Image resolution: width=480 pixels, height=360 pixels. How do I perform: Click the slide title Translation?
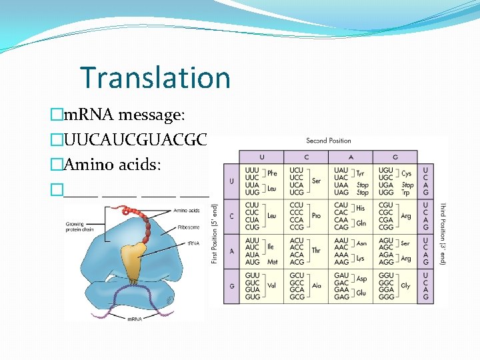click(x=155, y=77)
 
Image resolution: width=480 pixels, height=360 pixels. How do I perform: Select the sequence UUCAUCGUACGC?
click(x=136, y=140)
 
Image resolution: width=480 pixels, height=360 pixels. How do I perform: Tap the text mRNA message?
click(x=124, y=115)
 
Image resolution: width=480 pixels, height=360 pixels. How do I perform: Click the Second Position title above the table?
click(x=328, y=141)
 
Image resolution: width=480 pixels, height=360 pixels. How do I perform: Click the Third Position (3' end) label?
click(x=442, y=233)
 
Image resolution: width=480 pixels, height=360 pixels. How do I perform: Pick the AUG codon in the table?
click(x=253, y=262)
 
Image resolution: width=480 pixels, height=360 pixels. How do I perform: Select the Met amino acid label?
click(x=272, y=262)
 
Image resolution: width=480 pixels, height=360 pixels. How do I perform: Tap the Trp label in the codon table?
click(x=407, y=192)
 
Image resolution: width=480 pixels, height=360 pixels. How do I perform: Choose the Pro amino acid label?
click(x=316, y=216)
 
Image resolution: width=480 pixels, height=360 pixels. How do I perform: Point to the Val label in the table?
click(x=271, y=285)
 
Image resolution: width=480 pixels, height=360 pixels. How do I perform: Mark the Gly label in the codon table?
click(x=405, y=285)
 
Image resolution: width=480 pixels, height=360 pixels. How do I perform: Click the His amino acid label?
click(x=361, y=208)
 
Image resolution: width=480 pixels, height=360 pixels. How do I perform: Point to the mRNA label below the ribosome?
click(x=134, y=319)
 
